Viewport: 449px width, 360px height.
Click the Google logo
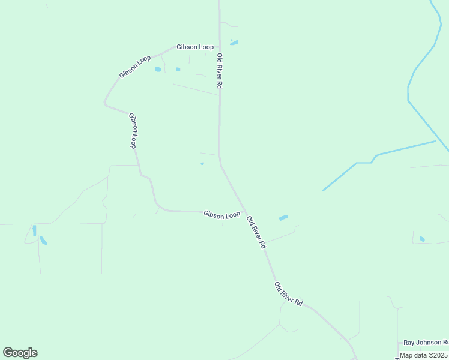[x=20, y=353]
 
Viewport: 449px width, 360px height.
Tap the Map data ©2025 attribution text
[x=423, y=355]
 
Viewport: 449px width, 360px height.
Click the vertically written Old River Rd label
[x=220, y=71]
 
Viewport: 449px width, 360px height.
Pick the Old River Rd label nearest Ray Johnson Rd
[x=289, y=294]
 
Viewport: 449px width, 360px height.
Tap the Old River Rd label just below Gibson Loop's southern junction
[x=256, y=232]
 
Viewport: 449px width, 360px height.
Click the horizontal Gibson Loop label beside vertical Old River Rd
[x=194, y=47]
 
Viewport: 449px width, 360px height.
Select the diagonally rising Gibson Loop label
[x=135, y=67]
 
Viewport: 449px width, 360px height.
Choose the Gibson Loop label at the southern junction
[x=221, y=214]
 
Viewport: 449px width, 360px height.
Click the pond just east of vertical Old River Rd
[x=234, y=43]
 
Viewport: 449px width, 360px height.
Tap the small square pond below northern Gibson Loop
[x=178, y=69]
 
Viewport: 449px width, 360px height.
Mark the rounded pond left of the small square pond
[x=158, y=69]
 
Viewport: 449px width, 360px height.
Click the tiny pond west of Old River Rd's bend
[x=202, y=163]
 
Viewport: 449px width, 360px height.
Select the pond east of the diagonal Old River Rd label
[x=283, y=218]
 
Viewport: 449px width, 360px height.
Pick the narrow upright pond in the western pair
[x=34, y=230]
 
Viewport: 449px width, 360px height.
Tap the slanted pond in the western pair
[x=43, y=241]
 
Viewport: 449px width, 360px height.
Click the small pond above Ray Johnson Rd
[x=422, y=239]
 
